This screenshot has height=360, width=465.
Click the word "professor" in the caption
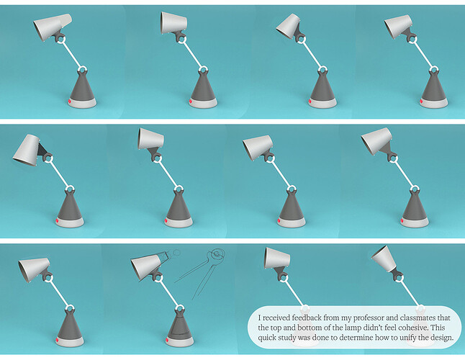[369, 318]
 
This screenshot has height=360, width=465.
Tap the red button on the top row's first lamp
[69, 102]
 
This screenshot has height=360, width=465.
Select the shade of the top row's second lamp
[173, 23]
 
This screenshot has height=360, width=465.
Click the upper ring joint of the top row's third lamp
[302, 39]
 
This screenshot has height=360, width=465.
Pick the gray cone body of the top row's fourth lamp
[434, 86]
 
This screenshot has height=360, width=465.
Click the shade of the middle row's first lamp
[27, 150]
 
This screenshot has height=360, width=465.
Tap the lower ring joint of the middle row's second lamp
[179, 189]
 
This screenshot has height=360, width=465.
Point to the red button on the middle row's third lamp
[279, 220]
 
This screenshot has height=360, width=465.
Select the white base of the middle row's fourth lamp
[415, 222]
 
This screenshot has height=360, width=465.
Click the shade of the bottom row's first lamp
[34, 269]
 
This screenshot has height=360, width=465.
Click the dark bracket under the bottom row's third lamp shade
[280, 273]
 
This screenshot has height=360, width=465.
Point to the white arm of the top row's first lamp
[72, 55]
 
